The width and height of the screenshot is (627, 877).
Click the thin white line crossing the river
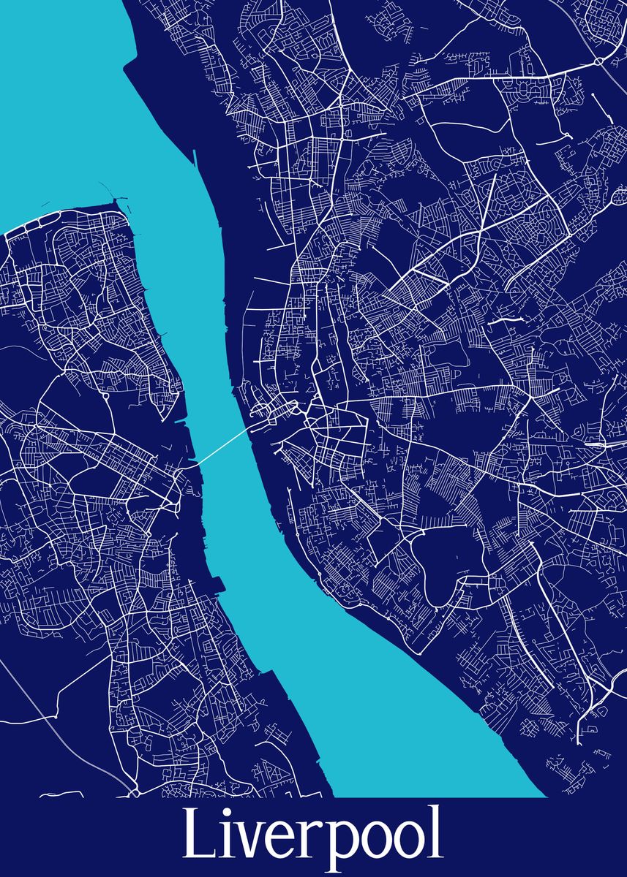pos(223,447)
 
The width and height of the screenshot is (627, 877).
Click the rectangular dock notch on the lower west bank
pos(217,584)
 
